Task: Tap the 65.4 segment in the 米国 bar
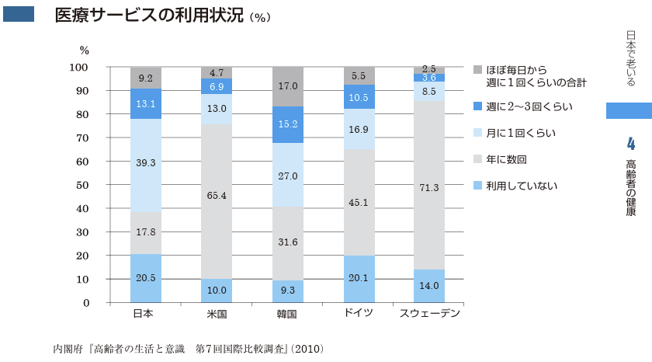(217, 196)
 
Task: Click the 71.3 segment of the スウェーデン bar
(429, 187)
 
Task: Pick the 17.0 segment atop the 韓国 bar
(288, 86)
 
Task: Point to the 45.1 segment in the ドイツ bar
(359, 203)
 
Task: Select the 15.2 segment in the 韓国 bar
(288, 124)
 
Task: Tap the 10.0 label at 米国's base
(217, 291)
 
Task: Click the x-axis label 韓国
(288, 315)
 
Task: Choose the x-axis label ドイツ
(359, 313)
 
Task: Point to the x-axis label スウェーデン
(429, 314)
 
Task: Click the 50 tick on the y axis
(81, 185)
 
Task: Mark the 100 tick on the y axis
(79, 68)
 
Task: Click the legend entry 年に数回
(506, 159)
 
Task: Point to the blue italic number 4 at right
(629, 142)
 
